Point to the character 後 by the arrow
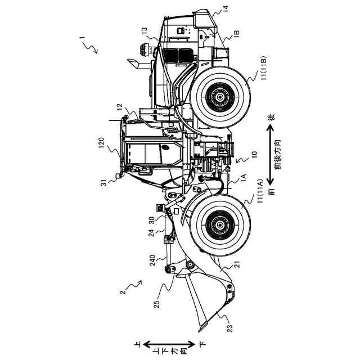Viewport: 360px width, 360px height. pyautogui.click(x=271, y=118)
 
